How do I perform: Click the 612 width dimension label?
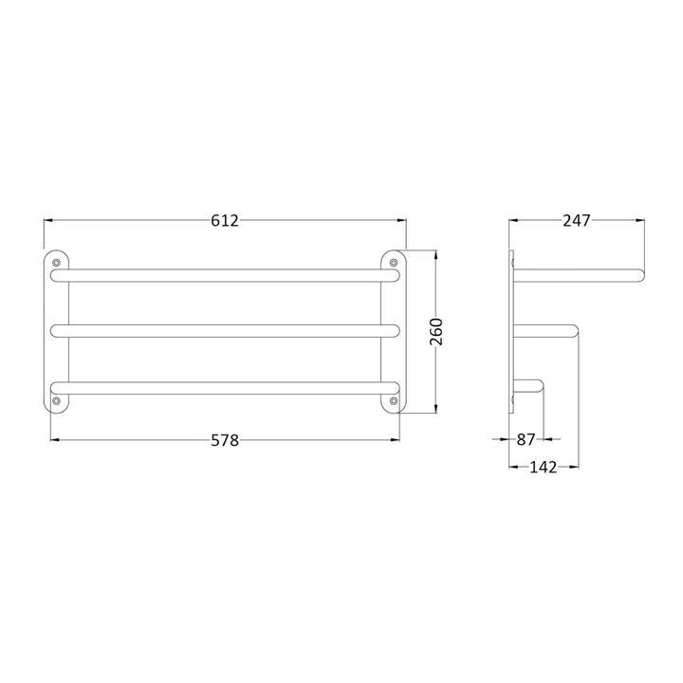point(224,220)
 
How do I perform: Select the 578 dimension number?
point(224,440)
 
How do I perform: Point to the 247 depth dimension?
point(576,220)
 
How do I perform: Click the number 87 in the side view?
point(527,440)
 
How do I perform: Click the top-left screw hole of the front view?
point(57,261)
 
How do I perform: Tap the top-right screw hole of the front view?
point(394,261)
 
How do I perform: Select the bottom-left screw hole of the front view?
point(57,402)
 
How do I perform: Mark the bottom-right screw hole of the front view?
point(394,402)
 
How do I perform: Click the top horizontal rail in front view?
point(225,275)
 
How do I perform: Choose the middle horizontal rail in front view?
point(225,330)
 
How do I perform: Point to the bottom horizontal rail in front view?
point(225,386)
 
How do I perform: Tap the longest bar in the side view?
point(579,275)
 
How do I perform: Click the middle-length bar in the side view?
point(545,330)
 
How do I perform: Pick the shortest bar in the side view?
point(528,386)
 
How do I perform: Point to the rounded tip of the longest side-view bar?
point(640,275)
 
